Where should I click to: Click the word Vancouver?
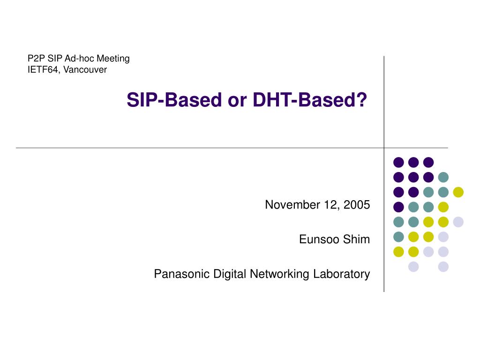click(x=85, y=69)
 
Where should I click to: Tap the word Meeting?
click(x=113, y=59)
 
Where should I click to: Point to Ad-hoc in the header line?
click(x=79, y=58)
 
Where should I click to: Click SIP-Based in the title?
click(x=174, y=100)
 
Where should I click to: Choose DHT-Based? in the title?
click(x=310, y=100)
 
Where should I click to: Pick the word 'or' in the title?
click(x=237, y=102)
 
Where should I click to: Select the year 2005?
click(x=357, y=204)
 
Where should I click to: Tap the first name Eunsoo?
click(x=319, y=239)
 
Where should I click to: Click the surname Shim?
click(x=356, y=239)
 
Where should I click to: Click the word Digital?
click(x=230, y=274)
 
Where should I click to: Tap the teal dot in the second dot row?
click(x=443, y=177)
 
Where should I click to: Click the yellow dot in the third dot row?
click(x=458, y=192)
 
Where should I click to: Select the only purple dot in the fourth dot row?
click(x=398, y=207)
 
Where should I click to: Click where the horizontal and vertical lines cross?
click(x=384, y=148)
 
